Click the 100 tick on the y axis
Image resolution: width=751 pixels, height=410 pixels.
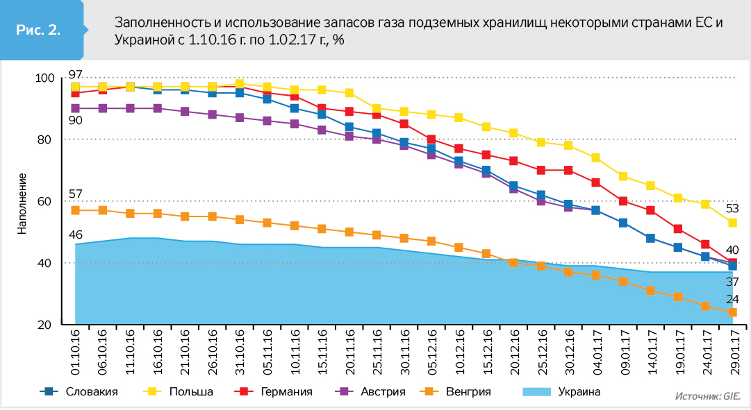[x=44, y=78]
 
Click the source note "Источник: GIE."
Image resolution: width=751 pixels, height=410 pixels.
[x=708, y=396]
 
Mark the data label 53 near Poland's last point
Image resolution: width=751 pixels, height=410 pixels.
[x=732, y=207]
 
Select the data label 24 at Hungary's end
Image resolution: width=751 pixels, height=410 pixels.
[x=732, y=299]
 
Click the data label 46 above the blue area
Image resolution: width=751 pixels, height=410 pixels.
[x=76, y=234]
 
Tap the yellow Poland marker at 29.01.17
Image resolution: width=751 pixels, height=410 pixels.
[x=732, y=223]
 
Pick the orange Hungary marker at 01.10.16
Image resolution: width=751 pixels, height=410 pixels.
[x=75, y=210]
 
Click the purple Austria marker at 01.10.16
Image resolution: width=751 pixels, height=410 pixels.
[x=75, y=108]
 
